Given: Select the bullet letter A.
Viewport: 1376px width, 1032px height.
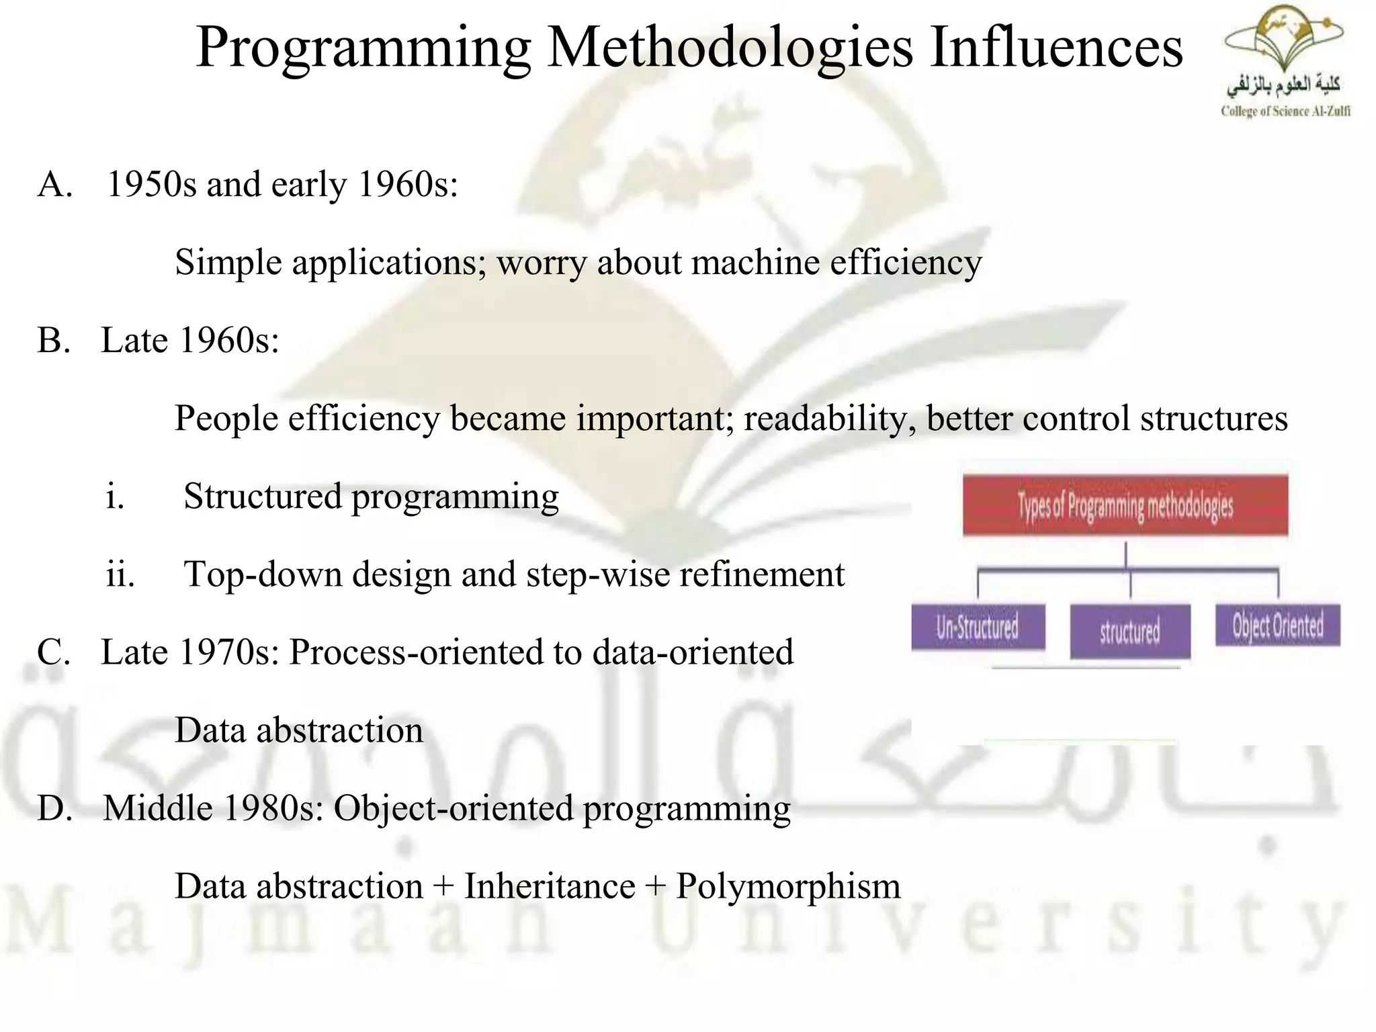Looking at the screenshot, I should pyautogui.click(x=54, y=184).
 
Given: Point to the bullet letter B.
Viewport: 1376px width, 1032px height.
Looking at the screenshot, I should pyautogui.click(x=54, y=340).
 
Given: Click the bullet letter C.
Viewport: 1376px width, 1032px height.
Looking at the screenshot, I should pyautogui.click(x=54, y=652).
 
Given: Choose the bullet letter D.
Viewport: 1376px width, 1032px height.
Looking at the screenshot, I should pyautogui.click(x=54, y=808).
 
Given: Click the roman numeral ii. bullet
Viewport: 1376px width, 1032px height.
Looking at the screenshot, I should pyautogui.click(x=120, y=574).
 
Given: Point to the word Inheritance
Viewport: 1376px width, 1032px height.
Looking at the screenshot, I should pyautogui.click(x=549, y=886).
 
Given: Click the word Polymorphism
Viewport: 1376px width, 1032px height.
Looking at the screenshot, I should pyautogui.click(x=787, y=886).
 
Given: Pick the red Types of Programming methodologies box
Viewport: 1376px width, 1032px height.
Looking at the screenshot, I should pyautogui.click(x=1125, y=505).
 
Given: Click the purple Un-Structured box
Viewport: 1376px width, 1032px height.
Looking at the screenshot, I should pyautogui.click(x=978, y=627).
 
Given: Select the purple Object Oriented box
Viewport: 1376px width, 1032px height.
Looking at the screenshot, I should pyautogui.click(x=1277, y=626).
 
